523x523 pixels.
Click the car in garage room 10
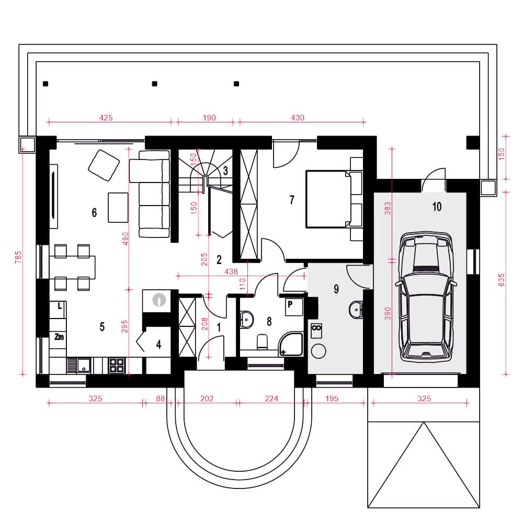tap(426, 297)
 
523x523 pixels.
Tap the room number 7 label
tap(292, 200)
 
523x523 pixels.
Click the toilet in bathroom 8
tap(263, 342)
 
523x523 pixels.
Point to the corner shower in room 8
tap(291, 344)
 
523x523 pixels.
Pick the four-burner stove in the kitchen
tap(117, 365)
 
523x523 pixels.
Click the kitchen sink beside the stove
tap(79, 365)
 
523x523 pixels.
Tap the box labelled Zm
tap(58, 337)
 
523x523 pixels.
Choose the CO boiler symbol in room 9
tap(316, 330)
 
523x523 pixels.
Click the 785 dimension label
tap(18, 257)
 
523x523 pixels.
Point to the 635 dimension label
tap(502, 280)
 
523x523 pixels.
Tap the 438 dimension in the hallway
tap(231, 271)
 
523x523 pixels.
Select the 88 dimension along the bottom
tap(161, 398)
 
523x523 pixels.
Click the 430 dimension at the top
tap(298, 117)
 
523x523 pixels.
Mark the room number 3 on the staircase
tap(225, 170)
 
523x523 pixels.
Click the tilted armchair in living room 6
tap(104, 165)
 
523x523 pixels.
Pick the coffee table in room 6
tap(118, 208)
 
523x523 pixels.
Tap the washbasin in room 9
tap(356, 310)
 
